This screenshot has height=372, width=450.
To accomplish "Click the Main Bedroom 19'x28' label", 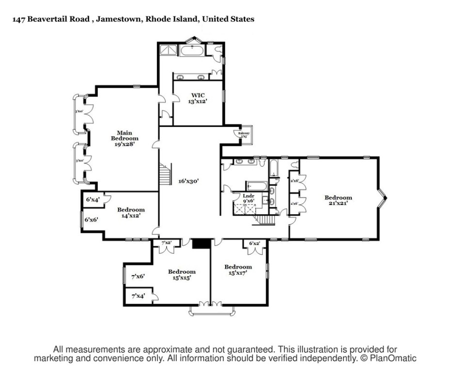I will [124, 138].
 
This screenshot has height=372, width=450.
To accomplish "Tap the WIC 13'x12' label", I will [198, 98].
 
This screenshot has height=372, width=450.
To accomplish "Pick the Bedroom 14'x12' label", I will [131, 213].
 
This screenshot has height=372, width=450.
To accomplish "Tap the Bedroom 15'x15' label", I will [182, 275].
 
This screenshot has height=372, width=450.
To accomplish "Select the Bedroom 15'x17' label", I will [238, 270].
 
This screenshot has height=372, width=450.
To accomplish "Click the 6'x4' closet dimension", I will [92, 200].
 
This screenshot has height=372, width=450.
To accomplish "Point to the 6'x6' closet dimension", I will [92, 219].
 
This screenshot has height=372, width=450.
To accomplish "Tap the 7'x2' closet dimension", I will [167, 243].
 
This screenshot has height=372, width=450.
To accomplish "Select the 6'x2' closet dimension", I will [254, 243].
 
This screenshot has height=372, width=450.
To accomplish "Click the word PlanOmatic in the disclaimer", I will [393, 358].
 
